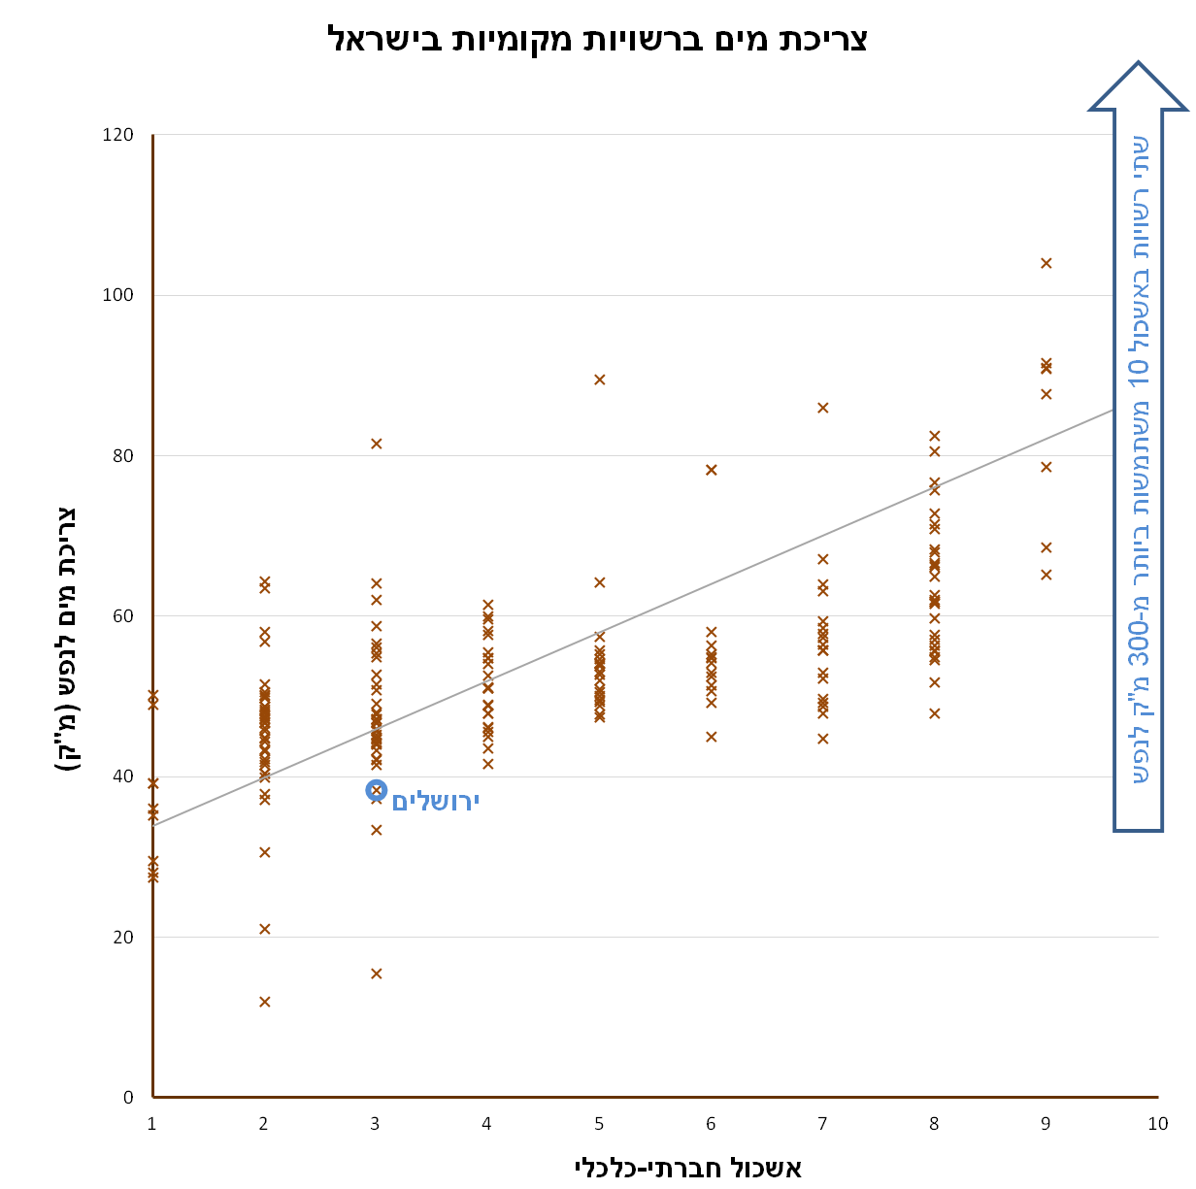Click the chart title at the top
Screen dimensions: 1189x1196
tap(597, 39)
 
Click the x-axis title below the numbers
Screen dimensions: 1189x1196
tap(688, 1166)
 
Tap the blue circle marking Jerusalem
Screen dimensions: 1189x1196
tap(377, 790)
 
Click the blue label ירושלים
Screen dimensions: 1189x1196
tap(436, 801)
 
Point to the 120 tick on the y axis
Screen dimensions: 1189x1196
tap(117, 135)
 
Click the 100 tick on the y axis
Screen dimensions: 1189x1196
tap(117, 295)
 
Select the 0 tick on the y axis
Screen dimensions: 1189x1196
tap(128, 1098)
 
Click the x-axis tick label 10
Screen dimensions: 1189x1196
tap(1157, 1124)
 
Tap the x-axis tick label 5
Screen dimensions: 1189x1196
tap(599, 1124)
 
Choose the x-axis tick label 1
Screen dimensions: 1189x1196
tap(152, 1124)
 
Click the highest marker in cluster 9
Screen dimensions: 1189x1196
tap(1046, 263)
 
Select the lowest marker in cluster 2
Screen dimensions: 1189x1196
tap(265, 1002)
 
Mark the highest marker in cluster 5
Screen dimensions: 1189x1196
tap(600, 380)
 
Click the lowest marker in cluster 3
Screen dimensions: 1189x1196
tap(377, 974)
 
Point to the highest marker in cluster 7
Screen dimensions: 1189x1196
tap(823, 408)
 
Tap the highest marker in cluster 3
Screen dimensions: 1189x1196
tap(377, 444)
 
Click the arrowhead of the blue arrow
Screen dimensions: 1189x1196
tap(1138, 87)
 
